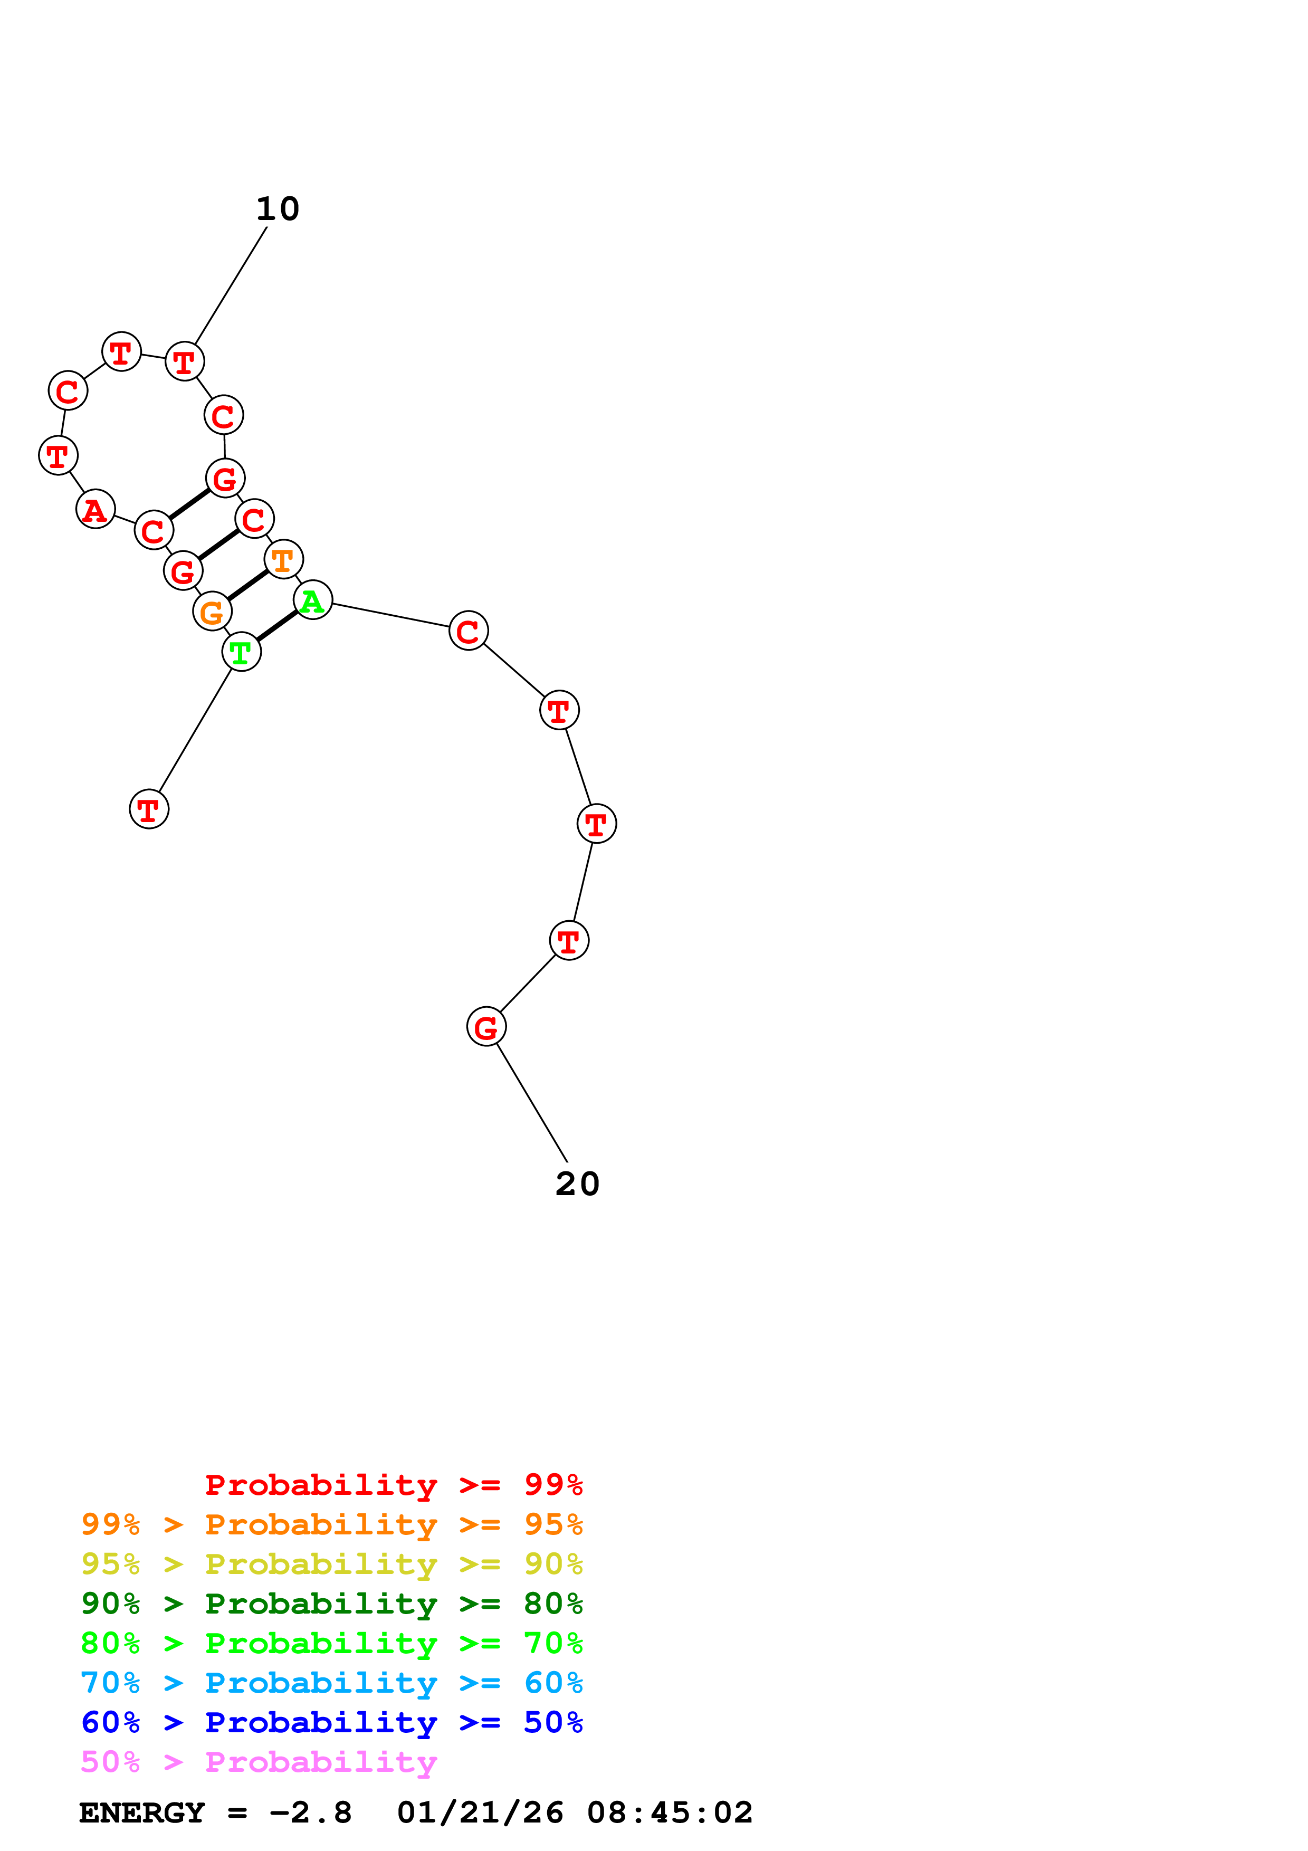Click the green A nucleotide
[x=313, y=600]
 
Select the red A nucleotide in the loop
[x=95, y=510]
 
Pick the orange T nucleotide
[x=283, y=559]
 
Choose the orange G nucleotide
[x=212, y=612]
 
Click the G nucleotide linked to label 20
[x=486, y=1027]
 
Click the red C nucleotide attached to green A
[x=468, y=631]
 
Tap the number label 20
[x=577, y=1184]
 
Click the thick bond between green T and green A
[x=276, y=626]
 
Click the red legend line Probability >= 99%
[x=393, y=1484]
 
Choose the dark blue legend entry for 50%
[x=331, y=1722]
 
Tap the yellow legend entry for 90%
[x=331, y=1563]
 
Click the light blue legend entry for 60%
[x=331, y=1683]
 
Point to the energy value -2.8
[x=310, y=1812]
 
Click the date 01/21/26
[x=480, y=1812]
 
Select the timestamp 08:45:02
[x=669, y=1812]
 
